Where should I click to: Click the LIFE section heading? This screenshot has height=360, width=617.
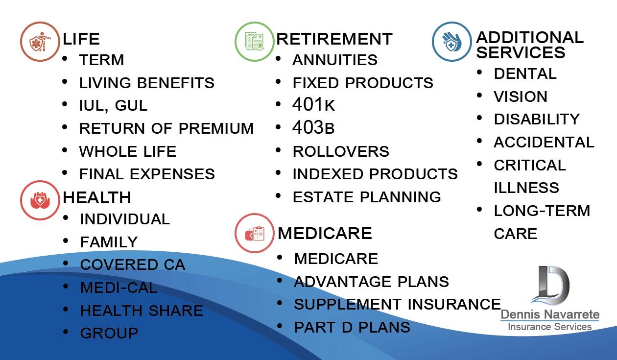pyautogui.click(x=81, y=39)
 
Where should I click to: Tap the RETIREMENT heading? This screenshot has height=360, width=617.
pyautogui.click(x=334, y=39)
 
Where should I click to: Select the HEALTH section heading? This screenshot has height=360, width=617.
pyautogui.click(x=96, y=198)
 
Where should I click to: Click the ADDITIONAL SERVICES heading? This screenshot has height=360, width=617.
pyautogui.click(x=529, y=45)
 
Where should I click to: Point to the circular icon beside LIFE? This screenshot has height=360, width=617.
pyautogui.click(x=40, y=42)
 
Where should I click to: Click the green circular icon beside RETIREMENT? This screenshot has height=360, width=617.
pyautogui.click(x=255, y=42)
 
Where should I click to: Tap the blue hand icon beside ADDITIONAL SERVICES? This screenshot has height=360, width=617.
pyautogui.click(x=451, y=42)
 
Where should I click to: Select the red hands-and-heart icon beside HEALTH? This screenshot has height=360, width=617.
pyautogui.click(x=40, y=200)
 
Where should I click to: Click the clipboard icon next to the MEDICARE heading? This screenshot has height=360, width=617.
pyautogui.click(x=255, y=233)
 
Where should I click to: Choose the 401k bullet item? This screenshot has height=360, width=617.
pyautogui.click(x=313, y=105)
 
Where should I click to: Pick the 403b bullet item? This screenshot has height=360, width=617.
pyautogui.click(x=313, y=127)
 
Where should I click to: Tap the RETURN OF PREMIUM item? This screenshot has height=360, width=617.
pyautogui.click(x=166, y=128)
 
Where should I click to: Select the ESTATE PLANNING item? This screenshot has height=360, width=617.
pyautogui.click(x=367, y=197)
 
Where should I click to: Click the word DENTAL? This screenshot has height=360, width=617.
pyautogui.click(x=525, y=73)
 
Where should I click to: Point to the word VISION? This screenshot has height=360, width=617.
pyautogui.click(x=521, y=96)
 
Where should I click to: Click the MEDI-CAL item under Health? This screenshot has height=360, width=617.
pyautogui.click(x=119, y=288)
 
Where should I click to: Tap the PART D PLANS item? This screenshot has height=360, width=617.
pyautogui.click(x=352, y=328)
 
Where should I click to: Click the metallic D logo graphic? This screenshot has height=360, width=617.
pyautogui.click(x=550, y=286)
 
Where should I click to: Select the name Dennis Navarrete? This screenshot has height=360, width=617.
pyautogui.click(x=550, y=314)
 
